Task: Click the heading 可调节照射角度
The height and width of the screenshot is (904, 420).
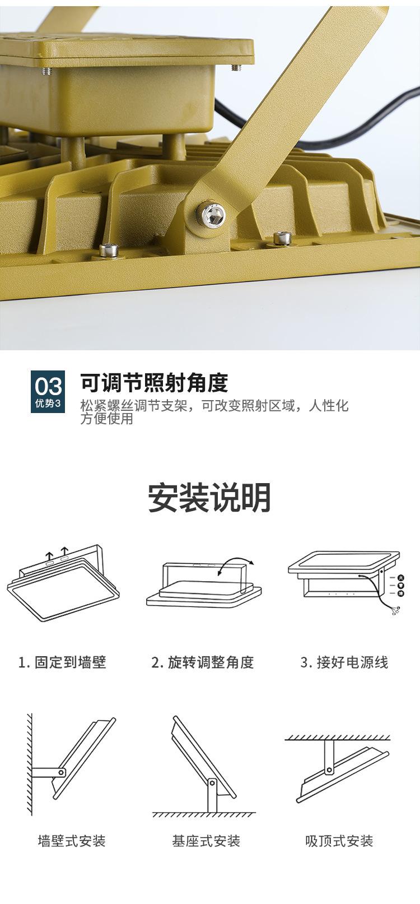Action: tap(154, 382)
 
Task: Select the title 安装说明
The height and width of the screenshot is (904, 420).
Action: tap(210, 498)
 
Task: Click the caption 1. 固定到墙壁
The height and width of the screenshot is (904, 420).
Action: tap(62, 662)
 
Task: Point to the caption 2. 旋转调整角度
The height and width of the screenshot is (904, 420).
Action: tap(203, 662)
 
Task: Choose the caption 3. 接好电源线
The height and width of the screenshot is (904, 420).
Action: tap(344, 662)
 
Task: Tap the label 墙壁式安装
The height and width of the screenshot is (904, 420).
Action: tap(72, 841)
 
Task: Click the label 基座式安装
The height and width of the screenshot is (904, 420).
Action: tap(206, 841)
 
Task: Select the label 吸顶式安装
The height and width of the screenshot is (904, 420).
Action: tap(339, 841)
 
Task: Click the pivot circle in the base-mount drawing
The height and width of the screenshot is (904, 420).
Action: tap(212, 782)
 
